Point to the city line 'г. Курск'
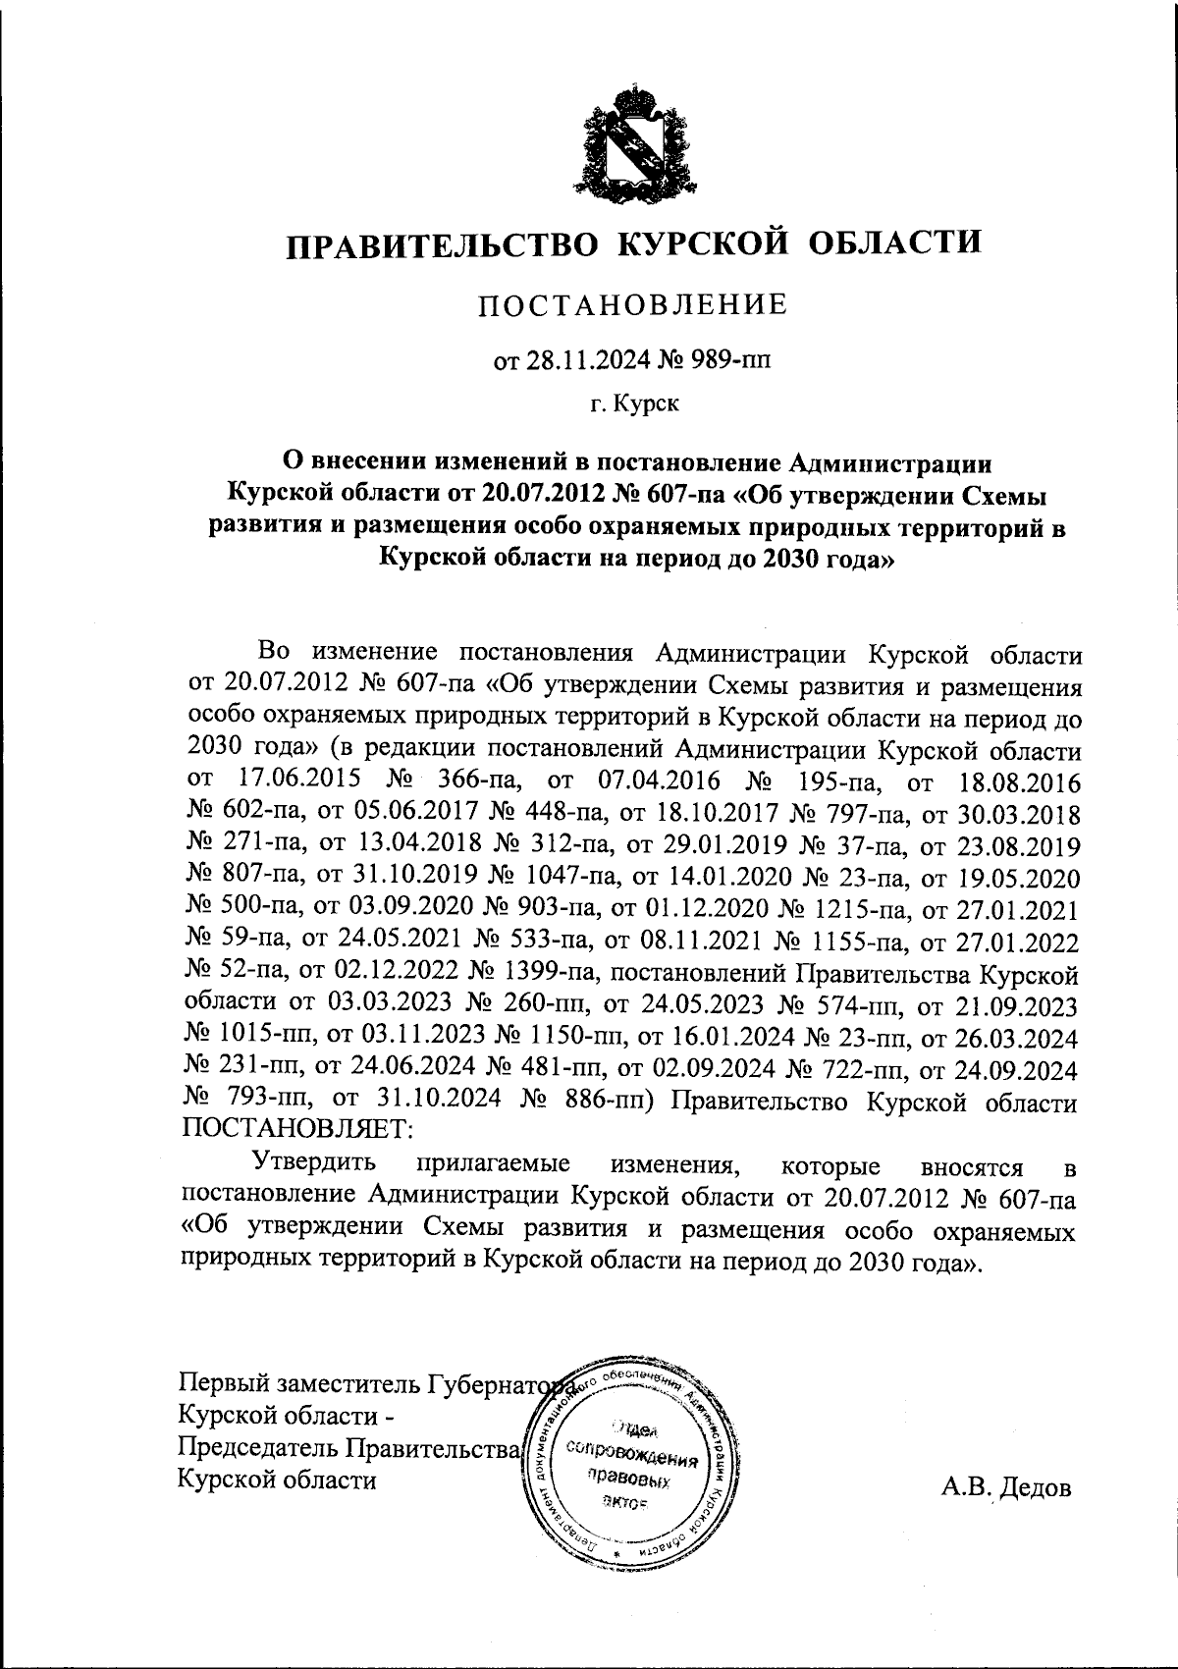632,404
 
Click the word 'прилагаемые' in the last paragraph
494,1162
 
